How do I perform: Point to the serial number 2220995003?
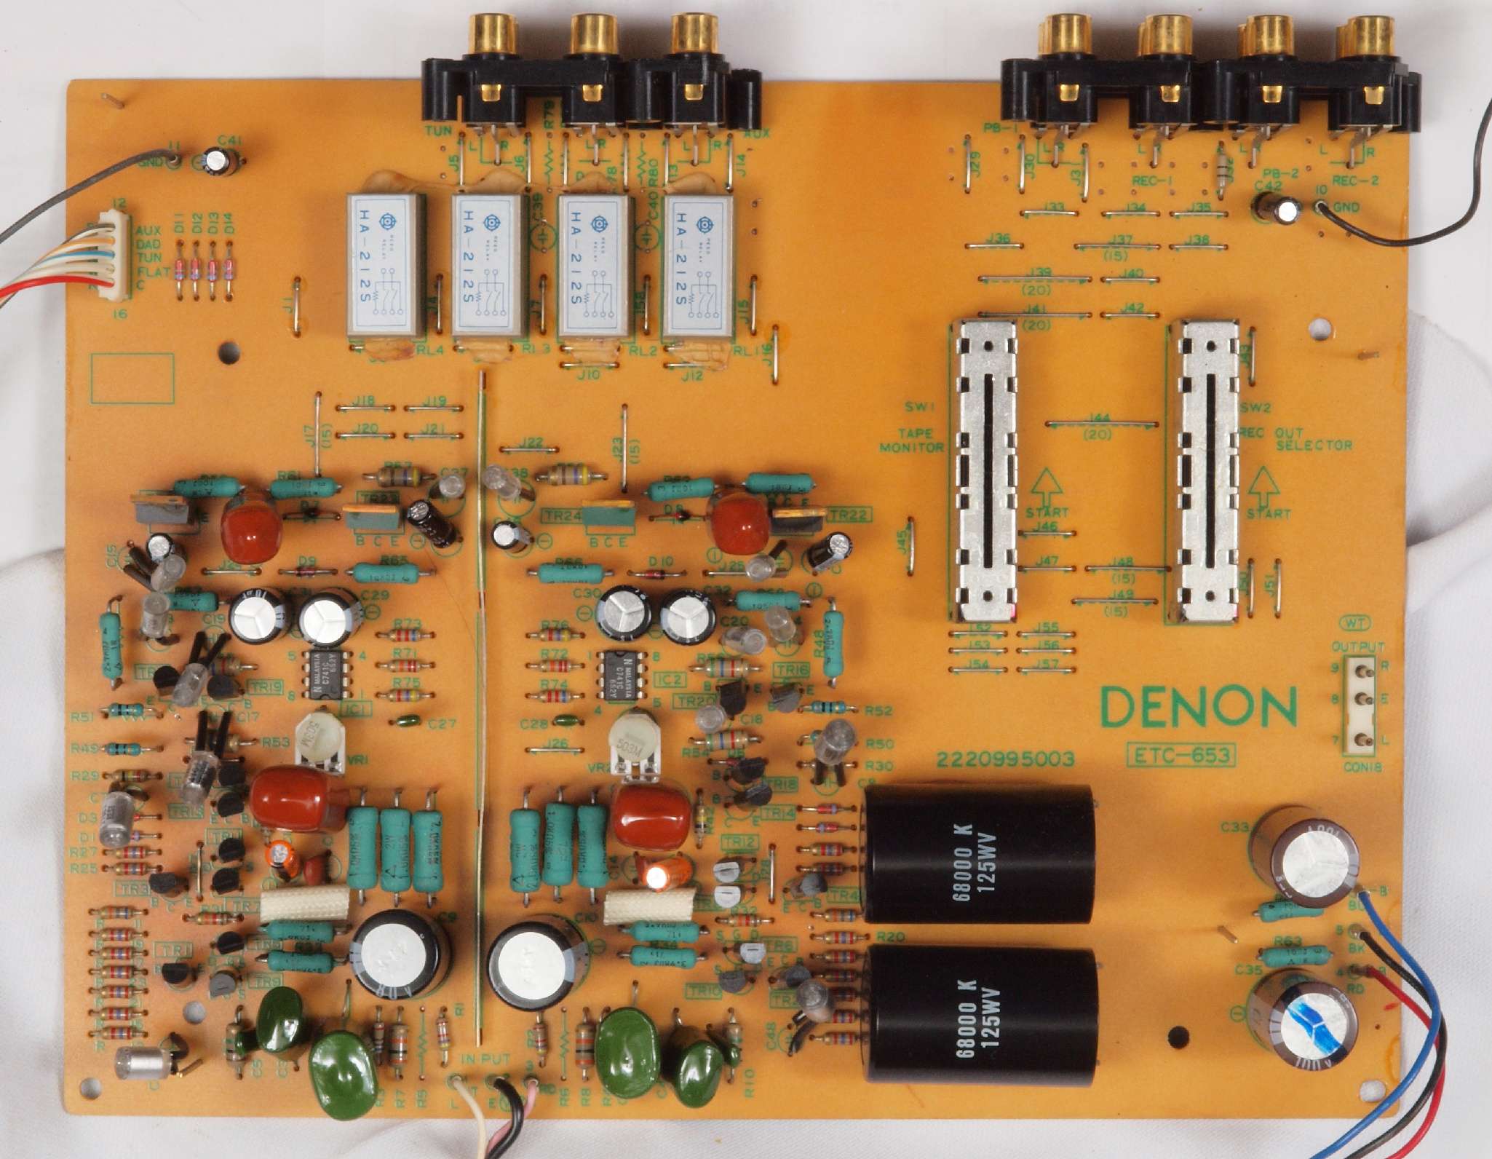point(1005,759)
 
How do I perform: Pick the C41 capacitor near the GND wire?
point(219,162)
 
